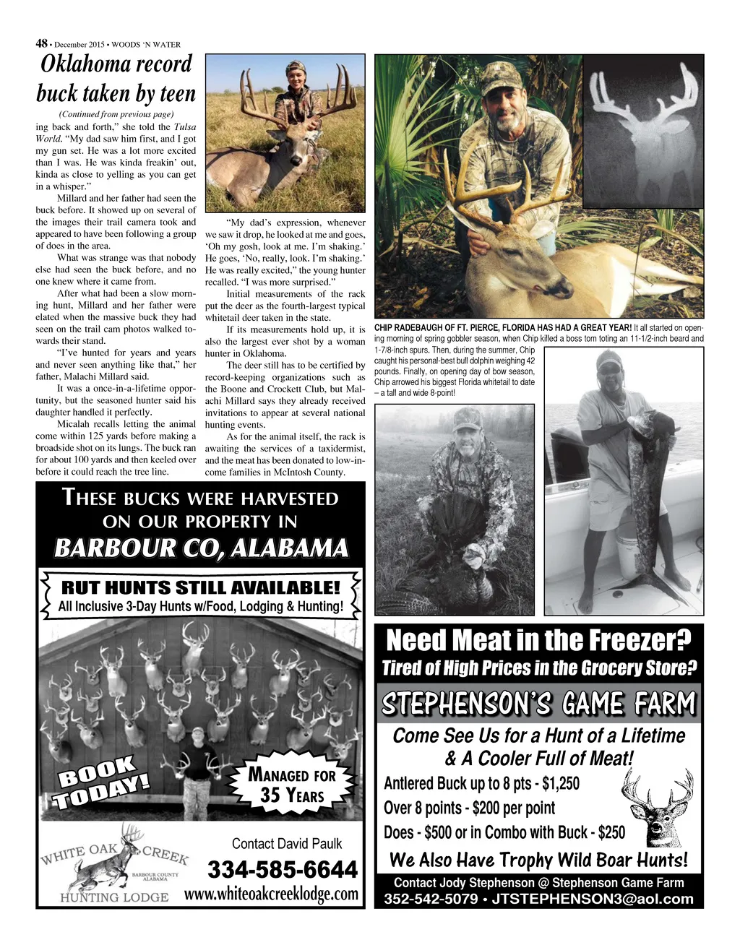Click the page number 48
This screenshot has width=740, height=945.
point(41,43)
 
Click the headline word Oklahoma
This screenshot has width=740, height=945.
point(116,64)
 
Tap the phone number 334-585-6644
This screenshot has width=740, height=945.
point(283,868)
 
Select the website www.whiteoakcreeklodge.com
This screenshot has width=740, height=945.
point(272,894)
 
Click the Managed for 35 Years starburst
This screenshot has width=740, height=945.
point(292,785)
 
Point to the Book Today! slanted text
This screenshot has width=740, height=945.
point(103,781)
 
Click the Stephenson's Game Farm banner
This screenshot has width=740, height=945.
point(538,704)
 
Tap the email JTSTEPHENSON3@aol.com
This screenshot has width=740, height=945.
point(593,899)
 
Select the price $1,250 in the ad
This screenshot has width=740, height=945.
point(556,784)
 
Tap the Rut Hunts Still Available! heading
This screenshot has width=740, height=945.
point(200,587)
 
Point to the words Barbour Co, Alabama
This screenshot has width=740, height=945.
point(201,548)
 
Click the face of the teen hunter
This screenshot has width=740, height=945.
point(296,76)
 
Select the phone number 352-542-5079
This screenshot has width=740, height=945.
point(431,899)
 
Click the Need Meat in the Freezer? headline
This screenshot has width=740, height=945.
point(538,640)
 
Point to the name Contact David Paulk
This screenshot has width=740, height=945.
point(287,843)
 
